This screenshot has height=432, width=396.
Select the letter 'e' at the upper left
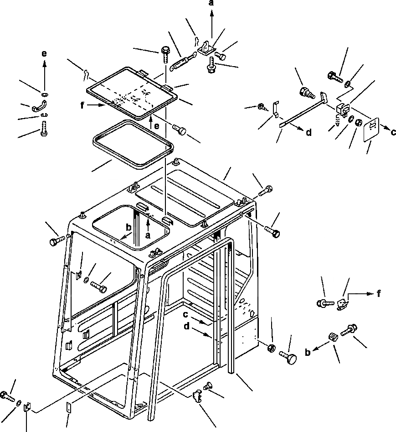pos(44,54)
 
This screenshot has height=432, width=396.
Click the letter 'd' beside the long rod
pos(309,133)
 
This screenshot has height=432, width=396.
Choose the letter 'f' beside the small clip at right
pos(379,294)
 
